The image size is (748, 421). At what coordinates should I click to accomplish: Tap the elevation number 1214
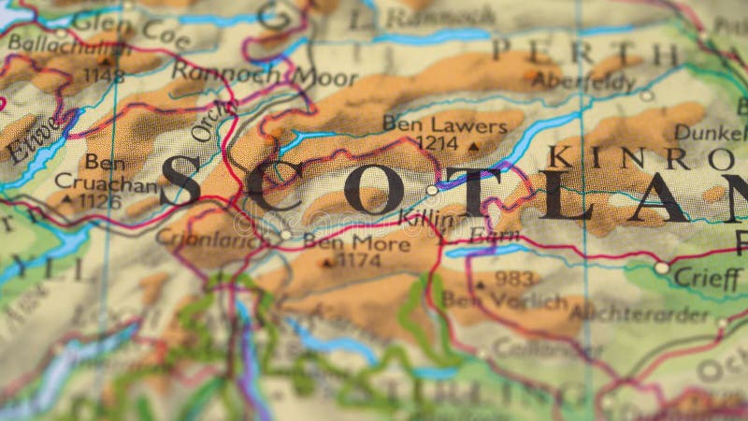click(x=437, y=143)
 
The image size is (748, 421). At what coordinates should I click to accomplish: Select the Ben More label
click(x=356, y=243)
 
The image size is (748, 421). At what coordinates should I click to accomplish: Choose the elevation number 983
click(x=514, y=279)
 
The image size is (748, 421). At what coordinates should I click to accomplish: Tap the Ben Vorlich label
click(x=504, y=300)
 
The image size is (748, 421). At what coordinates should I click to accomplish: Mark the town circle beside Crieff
click(x=662, y=268)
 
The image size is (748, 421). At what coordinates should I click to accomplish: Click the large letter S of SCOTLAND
click(x=180, y=181)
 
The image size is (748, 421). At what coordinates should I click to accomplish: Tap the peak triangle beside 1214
click(x=472, y=146)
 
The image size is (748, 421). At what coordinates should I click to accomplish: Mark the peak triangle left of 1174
click(x=326, y=263)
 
